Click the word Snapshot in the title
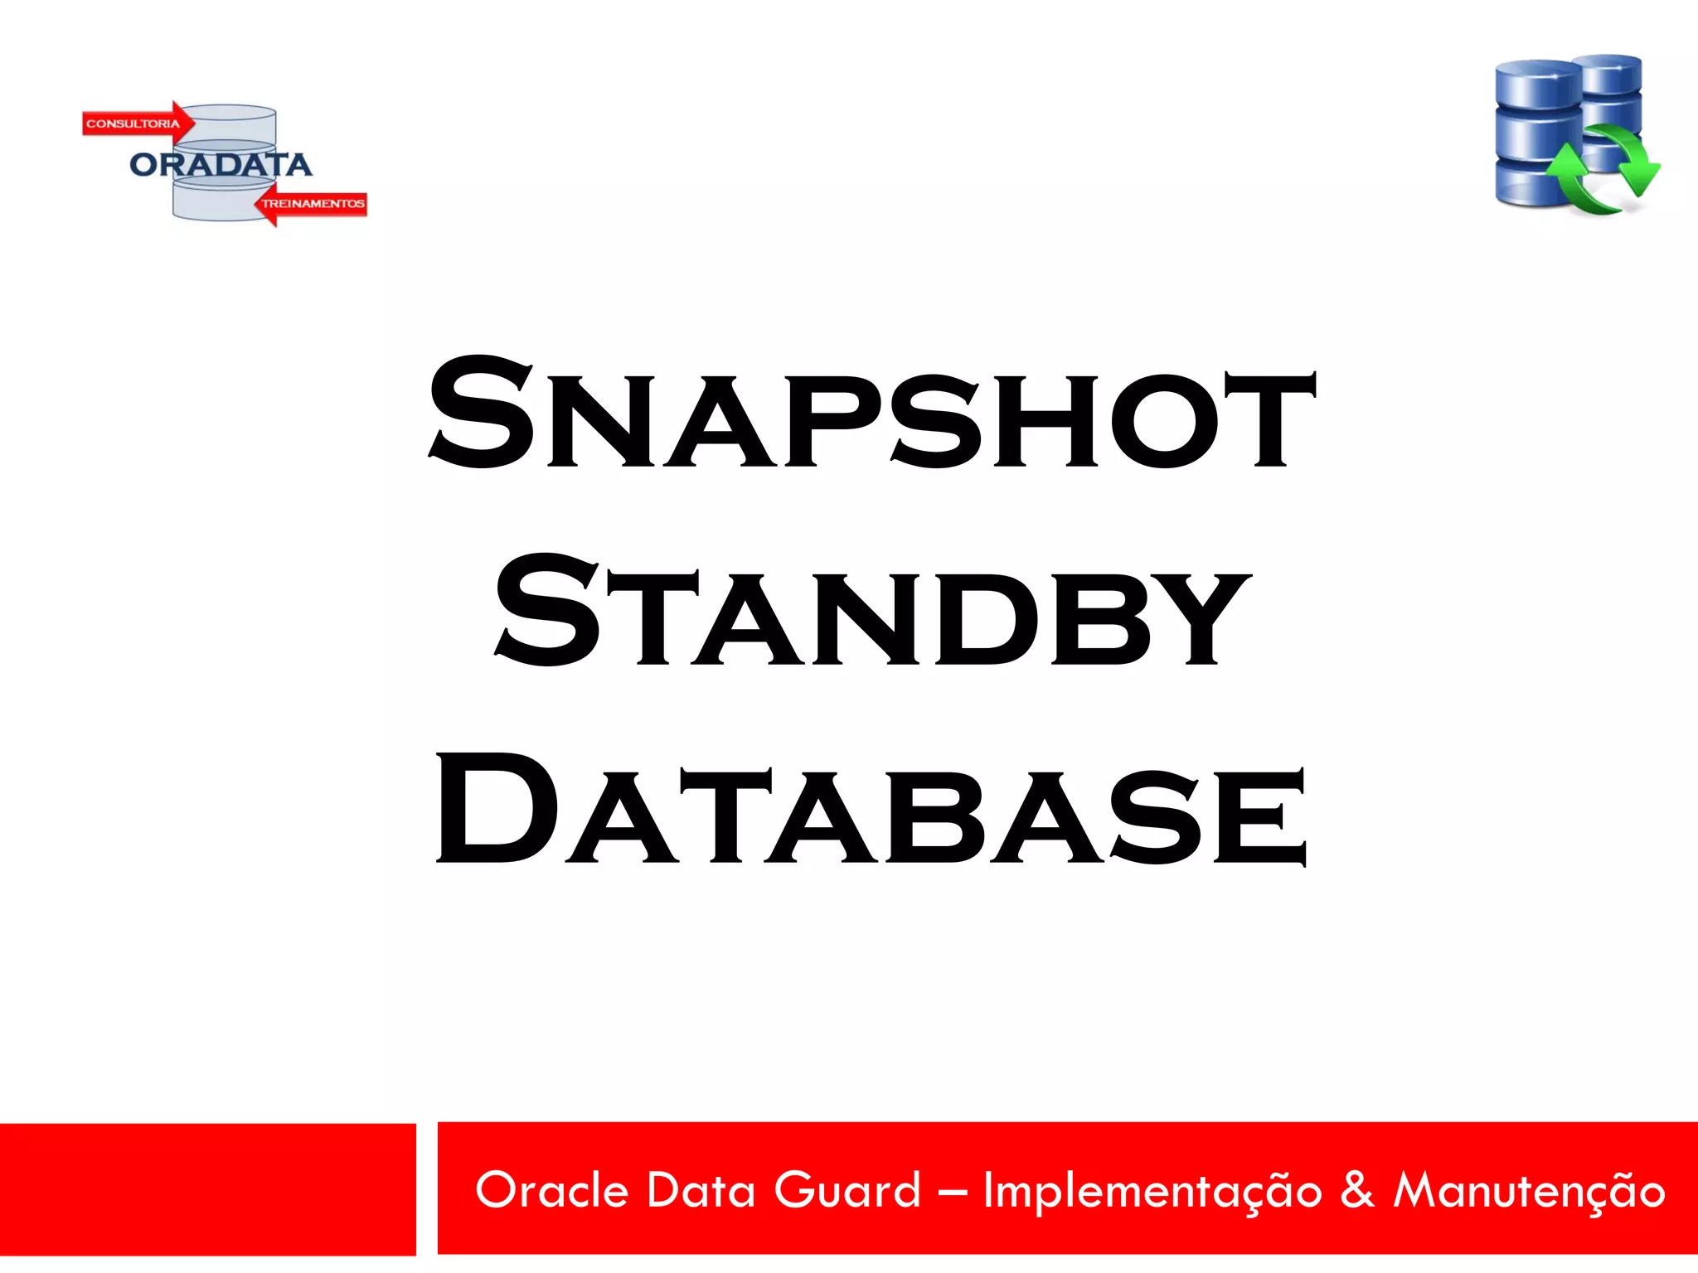(871, 414)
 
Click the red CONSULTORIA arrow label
(136, 123)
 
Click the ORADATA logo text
(221, 164)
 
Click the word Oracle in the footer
(551, 1190)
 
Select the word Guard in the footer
(847, 1190)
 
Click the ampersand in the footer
(1357, 1190)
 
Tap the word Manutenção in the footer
(1529, 1192)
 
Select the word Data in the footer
(701, 1190)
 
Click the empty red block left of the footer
(207, 1189)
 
